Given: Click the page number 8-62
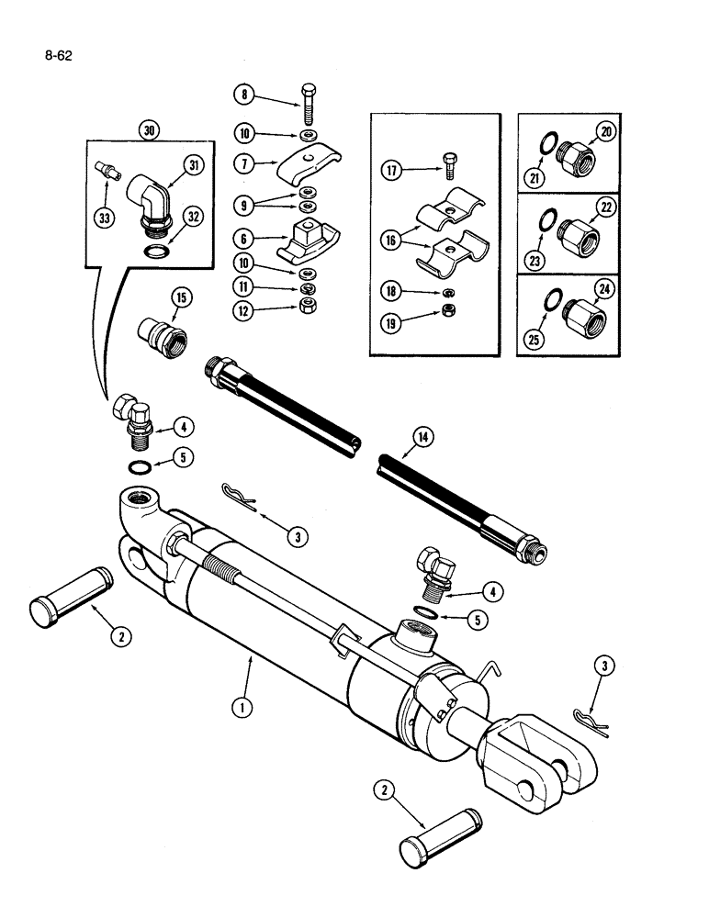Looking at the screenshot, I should (x=57, y=55).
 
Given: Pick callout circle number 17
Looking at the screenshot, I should (x=392, y=169).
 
